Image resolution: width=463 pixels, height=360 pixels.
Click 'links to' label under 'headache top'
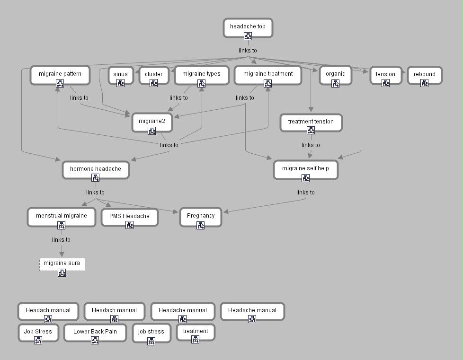click(x=248, y=51)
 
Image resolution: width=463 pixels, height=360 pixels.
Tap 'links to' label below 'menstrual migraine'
click(x=61, y=240)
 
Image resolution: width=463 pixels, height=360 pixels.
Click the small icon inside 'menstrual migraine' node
click(x=62, y=225)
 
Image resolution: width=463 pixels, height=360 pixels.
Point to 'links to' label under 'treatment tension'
click(x=311, y=145)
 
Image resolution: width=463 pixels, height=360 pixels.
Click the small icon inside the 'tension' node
click(x=385, y=83)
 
